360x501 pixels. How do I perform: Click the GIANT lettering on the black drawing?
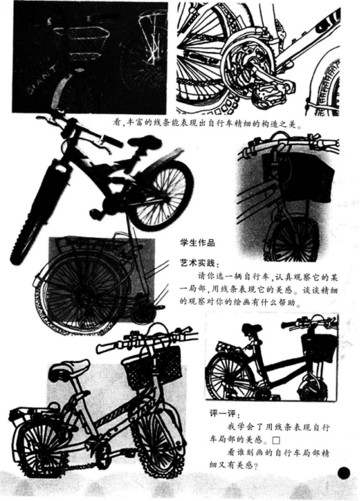tap(42, 80)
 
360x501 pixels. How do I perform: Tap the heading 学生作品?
tap(198, 243)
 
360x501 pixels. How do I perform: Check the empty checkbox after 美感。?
tap(276, 440)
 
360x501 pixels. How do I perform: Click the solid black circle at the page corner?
tap(343, 473)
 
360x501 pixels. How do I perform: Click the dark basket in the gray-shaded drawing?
tap(298, 177)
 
